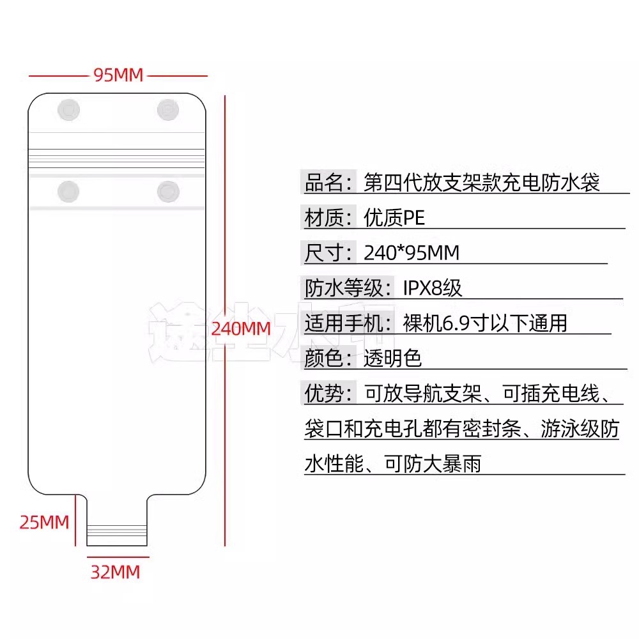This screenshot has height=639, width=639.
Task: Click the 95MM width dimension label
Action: coord(118,75)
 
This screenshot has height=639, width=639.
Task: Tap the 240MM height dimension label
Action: coord(241,328)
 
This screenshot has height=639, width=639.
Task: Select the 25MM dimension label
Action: coord(44,522)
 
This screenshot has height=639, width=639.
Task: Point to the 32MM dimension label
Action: coord(115,571)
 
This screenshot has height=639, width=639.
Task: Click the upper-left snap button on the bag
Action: coord(69,110)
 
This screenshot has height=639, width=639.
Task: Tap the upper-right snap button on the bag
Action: coord(168,110)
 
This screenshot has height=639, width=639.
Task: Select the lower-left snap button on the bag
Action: coord(68,191)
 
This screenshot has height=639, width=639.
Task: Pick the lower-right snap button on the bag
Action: coord(168,191)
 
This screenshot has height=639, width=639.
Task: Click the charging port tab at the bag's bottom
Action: coord(116,521)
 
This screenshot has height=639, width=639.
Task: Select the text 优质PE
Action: coord(394,219)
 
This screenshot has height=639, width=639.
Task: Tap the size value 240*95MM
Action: coord(412,253)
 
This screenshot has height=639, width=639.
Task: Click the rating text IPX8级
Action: coord(432,288)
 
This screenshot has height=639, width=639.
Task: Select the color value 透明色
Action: coord(392,358)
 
